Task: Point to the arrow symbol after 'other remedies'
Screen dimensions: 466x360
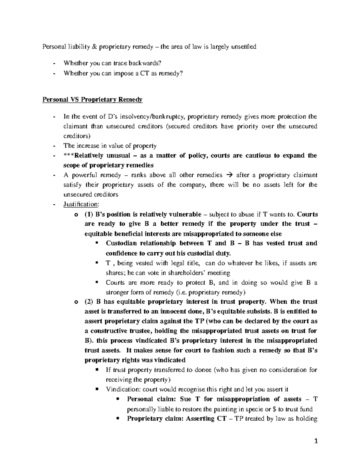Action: tap(229, 175)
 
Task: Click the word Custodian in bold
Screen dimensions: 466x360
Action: tap(121, 243)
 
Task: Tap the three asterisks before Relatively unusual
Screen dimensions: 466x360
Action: tap(69, 155)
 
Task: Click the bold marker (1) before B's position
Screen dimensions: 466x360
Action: tap(89, 214)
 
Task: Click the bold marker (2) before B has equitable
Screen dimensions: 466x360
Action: tap(89, 302)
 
